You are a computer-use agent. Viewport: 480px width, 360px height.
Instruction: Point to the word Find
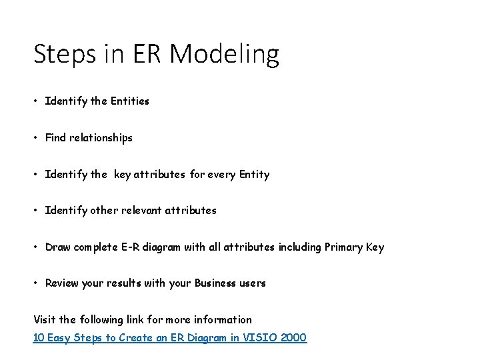[x=56, y=138]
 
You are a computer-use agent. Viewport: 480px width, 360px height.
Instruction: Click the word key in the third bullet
[x=122, y=175]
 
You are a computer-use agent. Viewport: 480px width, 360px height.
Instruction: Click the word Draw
[x=58, y=247]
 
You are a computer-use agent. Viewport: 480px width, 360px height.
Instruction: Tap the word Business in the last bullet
[x=213, y=283]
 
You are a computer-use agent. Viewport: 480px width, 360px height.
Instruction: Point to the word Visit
[x=44, y=319]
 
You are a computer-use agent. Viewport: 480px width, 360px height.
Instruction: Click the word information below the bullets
[x=221, y=319]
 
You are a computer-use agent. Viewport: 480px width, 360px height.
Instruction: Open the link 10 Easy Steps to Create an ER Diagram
[x=170, y=338]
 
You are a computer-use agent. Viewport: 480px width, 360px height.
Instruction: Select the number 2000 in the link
[x=294, y=338]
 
